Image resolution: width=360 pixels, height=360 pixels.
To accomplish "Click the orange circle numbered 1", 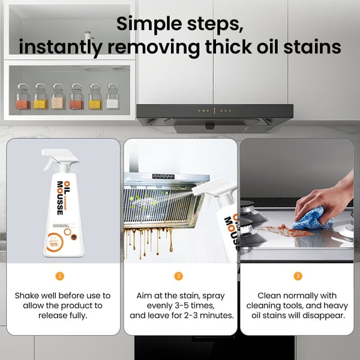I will click(59, 276).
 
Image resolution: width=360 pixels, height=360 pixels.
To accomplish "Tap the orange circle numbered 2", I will click(178, 276).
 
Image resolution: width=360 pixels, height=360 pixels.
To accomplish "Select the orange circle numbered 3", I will click(298, 276).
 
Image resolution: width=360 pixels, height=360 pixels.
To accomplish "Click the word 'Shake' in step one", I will click(28, 295).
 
